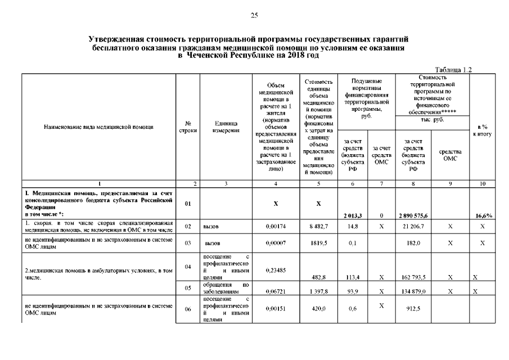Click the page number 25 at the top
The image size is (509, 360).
click(254, 15)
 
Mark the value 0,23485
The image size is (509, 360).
click(276, 270)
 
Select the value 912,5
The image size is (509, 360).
click(413, 308)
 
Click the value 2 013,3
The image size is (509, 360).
click(352, 215)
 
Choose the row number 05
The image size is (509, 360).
click(188, 287)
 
